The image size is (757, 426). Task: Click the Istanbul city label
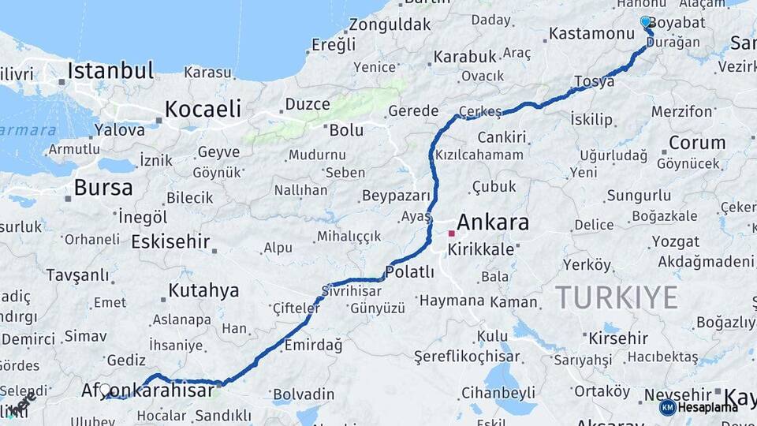click(110, 70)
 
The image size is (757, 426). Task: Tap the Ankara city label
click(492, 222)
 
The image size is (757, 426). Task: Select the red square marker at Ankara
click(451, 234)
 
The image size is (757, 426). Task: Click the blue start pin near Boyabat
click(646, 22)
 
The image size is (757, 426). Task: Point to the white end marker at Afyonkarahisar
click(105, 390)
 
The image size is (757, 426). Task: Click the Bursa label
click(103, 188)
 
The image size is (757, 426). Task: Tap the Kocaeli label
click(203, 109)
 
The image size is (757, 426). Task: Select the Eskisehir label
click(170, 241)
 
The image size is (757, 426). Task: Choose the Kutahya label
click(203, 290)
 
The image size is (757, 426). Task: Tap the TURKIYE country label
click(617, 297)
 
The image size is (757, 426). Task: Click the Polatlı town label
click(409, 272)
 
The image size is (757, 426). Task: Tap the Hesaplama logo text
click(708, 407)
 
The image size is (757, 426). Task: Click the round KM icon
click(668, 407)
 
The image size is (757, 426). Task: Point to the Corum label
click(697, 143)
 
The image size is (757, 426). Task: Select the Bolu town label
click(346, 129)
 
